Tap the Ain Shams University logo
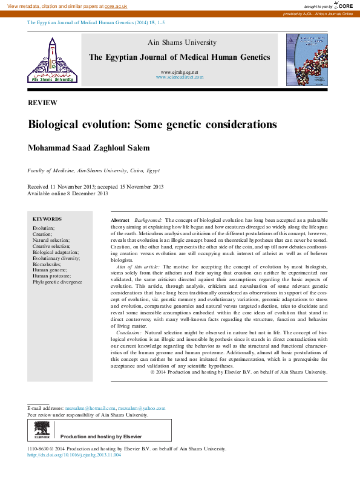point(53,60)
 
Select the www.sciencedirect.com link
point(180,77)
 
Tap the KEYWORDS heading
point(47,219)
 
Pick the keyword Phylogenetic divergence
point(57,282)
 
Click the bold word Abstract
point(120,221)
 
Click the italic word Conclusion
point(129,333)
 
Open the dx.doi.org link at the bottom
point(74,455)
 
